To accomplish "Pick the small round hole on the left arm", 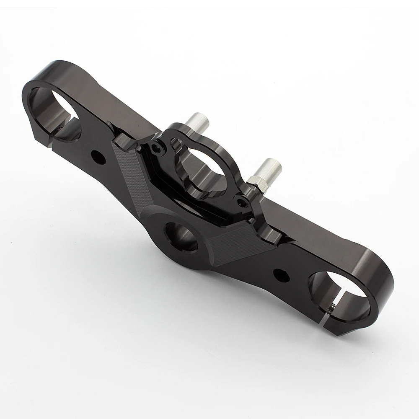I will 100,157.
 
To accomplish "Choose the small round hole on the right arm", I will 281,275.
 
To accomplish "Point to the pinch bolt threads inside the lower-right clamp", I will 331,311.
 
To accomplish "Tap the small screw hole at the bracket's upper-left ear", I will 157,148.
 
